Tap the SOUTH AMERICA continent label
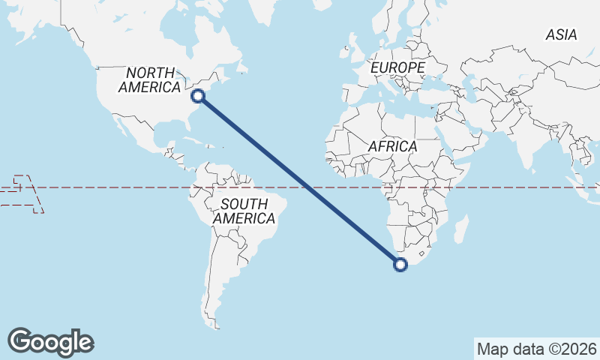244,211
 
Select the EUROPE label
397,68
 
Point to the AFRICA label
392,147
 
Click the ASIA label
561,35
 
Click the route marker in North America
198,95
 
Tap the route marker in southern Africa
400,264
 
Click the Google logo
50,342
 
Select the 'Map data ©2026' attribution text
537,349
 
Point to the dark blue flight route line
300,180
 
